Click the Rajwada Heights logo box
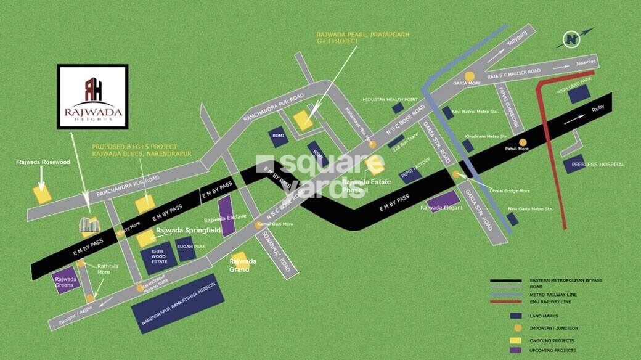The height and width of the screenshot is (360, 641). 92,96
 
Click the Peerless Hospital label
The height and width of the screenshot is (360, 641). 598,165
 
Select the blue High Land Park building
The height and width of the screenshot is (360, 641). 579,94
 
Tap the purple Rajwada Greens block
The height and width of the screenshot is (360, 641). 65,281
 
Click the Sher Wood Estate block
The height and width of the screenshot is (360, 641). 158,260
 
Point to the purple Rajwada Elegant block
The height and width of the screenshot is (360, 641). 443,201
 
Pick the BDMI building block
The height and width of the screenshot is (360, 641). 277,137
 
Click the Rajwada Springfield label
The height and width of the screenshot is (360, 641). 188,230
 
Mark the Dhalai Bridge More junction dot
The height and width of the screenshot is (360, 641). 456,175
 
